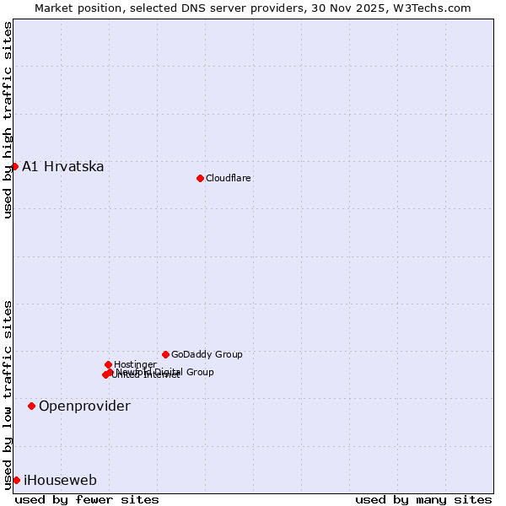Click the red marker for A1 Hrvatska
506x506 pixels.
coord(14,166)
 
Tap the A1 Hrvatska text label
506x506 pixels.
coord(63,167)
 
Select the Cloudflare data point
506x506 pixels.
coord(200,178)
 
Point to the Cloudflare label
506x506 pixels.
coord(229,179)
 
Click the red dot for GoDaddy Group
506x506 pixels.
coord(165,354)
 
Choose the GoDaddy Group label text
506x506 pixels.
coord(207,355)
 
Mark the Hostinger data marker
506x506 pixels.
coord(108,364)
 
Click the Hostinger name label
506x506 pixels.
coord(135,365)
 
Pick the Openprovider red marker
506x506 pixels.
coord(31,406)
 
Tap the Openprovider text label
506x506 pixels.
coord(84,406)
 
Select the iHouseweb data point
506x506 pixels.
coord(16,480)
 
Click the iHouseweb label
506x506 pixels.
coord(60,481)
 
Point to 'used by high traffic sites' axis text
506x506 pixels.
coord(8,120)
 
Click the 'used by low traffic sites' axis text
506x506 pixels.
coord(8,394)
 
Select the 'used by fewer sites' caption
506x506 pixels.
coord(87,499)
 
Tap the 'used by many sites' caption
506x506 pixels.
coord(423,499)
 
